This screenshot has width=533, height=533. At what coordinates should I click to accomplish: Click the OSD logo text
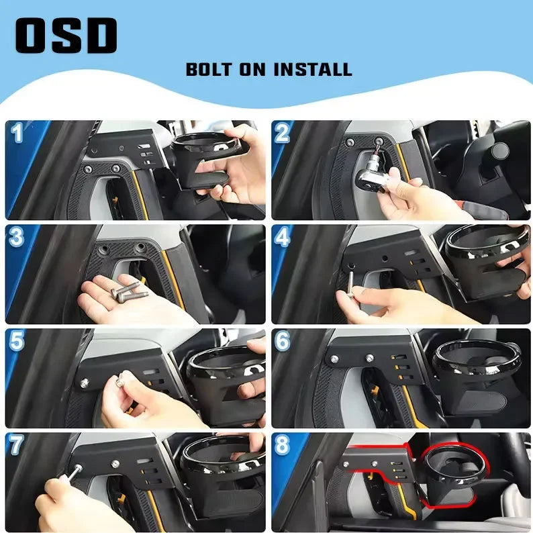(x=66, y=36)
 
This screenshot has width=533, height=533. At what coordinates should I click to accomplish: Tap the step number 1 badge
(x=17, y=133)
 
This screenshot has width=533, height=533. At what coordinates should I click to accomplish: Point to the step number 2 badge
(x=283, y=133)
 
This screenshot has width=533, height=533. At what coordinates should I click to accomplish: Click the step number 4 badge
(x=283, y=236)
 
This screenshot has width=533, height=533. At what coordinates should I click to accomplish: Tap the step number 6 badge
(x=283, y=340)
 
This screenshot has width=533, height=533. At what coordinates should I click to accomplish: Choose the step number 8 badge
(x=283, y=444)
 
